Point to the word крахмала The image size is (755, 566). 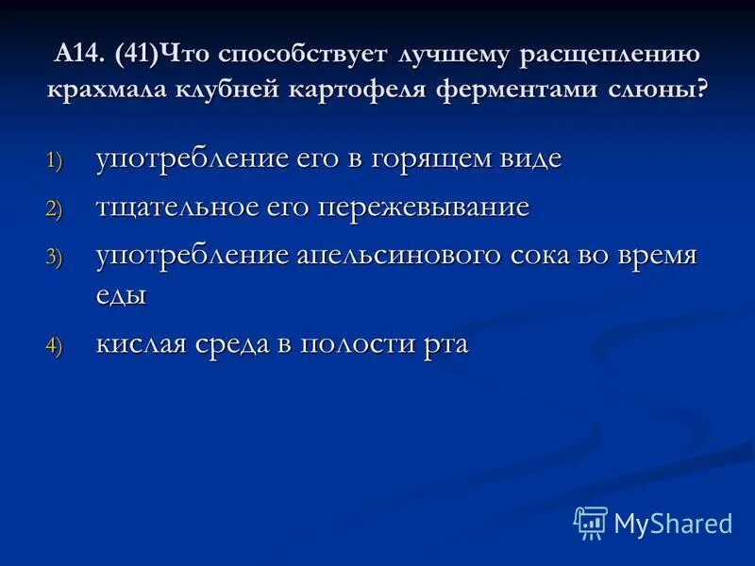(108, 92)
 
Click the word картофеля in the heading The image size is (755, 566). (361, 92)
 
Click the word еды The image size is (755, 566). (121, 294)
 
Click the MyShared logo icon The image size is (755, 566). (591, 523)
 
